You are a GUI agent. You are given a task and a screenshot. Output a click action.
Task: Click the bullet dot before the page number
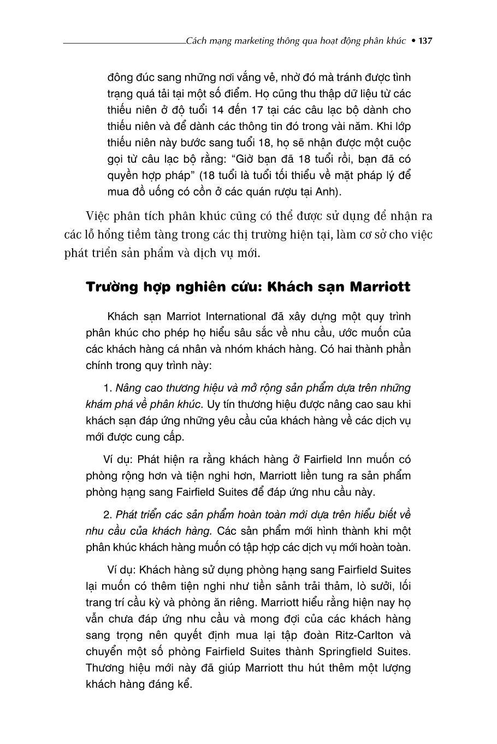click(x=413, y=41)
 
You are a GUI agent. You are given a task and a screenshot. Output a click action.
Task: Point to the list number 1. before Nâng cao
click(x=108, y=388)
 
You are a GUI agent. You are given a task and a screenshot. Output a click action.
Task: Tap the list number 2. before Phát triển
click(x=108, y=515)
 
